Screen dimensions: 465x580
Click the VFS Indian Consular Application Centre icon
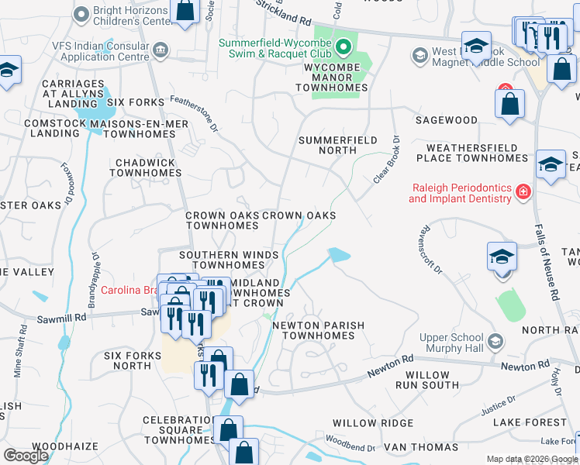[161, 51]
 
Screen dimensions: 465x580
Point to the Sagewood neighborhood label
[446, 120]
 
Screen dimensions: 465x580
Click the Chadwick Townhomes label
[145, 168]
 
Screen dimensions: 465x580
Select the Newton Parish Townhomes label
[312, 330]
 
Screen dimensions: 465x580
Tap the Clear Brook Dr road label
[386, 160]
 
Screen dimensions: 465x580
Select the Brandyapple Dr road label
[91, 268]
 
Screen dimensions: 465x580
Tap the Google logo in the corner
[26, 456]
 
